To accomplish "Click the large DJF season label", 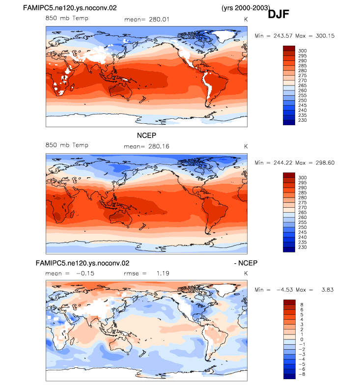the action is pyautogui.click(x=278, y=14).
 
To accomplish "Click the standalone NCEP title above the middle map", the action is pyautogui.click(x=146, y=136).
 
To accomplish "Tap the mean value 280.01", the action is pyautogui.click(x=159, y=20).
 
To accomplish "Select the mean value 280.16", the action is pyautogui.click(x=159, y=146).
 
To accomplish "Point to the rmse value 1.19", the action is pyautogui.click(x=163, y=274).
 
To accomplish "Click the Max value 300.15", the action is pyautogui.click(x=325, y=36).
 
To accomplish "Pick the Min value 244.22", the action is pyautogui.click(x=283, y=163).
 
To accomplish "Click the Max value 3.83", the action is pyautogui.click(x=328, y=290).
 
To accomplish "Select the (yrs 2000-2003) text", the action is pyautogui.click(x=246, y=8).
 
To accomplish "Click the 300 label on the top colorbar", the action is pyautogui.click(x=303, y=51).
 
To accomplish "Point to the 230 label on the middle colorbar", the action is pyautogui.click(x=303, y=247).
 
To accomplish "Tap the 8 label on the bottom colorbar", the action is pyautogui.click(x=302, y=305).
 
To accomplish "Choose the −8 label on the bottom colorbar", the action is pyautogui.click(x=302, y=374).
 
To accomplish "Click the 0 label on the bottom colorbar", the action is pyautogui.click(x=302, y=339).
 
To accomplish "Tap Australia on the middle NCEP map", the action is pyautogui.click(x=121, y=218).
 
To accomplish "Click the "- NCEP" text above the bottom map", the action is pyautogui.click(x=246, y=263).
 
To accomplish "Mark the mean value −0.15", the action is pyautogui.click(x=85, y=274).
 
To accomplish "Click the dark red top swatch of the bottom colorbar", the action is pyautogui.click(x=289, y=303).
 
